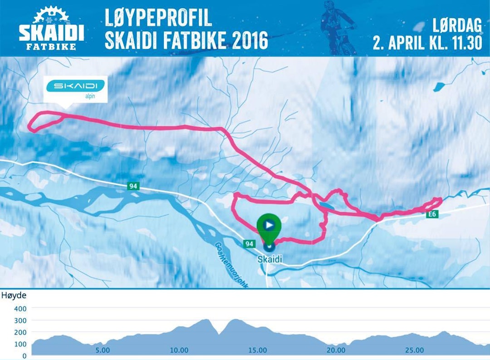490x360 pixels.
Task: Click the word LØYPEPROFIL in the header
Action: [x=158, y=17]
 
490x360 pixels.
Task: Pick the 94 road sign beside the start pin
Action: [x=249, y=244]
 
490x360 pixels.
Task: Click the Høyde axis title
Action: [x=14, y=296]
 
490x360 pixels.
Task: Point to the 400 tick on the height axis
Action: [x=21, y=309]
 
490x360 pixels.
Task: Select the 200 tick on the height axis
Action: [x=21, y=332]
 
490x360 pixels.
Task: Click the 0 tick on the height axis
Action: [x=24, y=356]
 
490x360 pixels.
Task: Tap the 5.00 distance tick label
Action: [x=103, y=350]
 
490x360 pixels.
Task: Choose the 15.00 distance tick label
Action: [x=257, y=350]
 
